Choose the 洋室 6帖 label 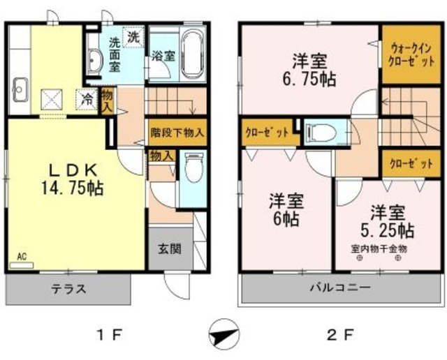(286, 209)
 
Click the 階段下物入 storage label (177, 130)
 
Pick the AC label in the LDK (21, 256)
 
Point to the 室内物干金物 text (379, 248)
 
